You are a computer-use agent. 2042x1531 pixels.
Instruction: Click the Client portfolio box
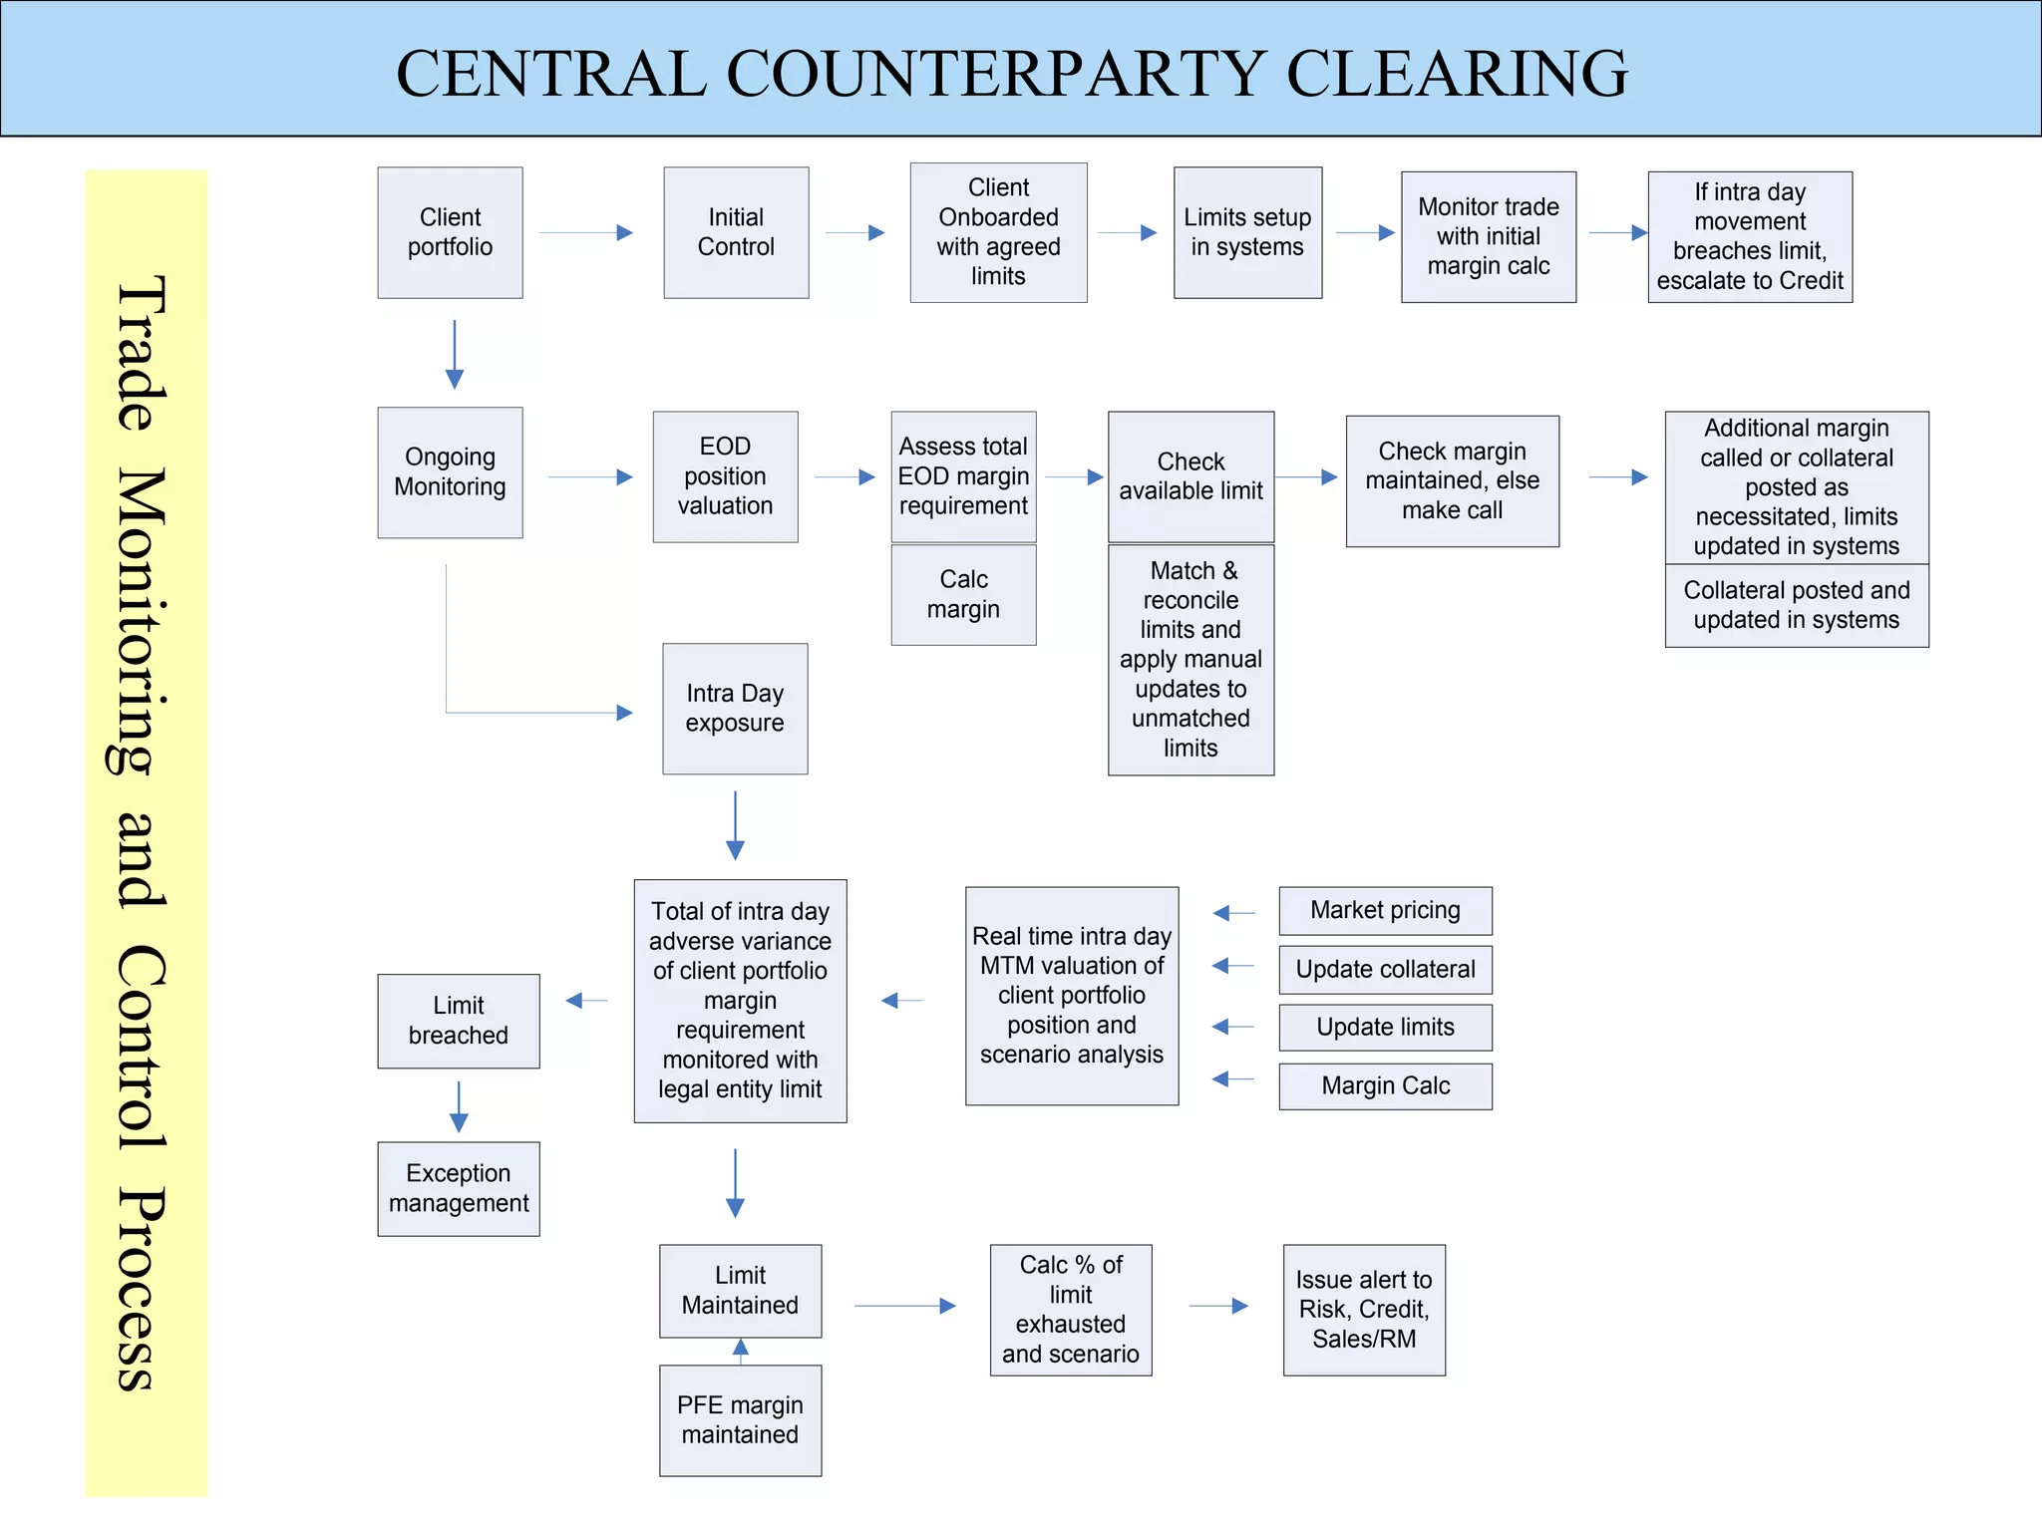450,232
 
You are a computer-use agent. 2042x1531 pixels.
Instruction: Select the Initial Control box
736,232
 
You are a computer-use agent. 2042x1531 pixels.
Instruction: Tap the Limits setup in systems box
1247,232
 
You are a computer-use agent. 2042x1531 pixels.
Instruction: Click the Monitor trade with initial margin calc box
1488,236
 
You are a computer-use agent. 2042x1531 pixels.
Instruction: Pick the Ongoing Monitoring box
450,471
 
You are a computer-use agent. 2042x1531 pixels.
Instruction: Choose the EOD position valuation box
725,476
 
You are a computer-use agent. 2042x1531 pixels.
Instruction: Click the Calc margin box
963,594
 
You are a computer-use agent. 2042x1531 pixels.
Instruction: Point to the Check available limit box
1191,476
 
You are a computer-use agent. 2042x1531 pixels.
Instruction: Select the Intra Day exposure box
735,708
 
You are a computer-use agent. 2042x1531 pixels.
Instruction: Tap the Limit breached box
458,1021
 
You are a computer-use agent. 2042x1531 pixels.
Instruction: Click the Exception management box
458,1188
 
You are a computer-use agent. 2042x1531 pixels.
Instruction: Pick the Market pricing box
1385,910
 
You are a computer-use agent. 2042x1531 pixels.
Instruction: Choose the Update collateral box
1385,969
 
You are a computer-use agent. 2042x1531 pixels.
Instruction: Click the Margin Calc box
1385,1085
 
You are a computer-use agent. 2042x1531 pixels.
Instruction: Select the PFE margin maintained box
740,1419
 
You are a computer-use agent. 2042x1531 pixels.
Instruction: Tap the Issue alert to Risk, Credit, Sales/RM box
1363,1309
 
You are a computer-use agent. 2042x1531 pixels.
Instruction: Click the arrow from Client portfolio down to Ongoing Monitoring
455,354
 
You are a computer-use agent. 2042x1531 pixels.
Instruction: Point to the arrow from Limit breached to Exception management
459,1106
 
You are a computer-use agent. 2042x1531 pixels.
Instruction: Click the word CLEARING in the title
1457,74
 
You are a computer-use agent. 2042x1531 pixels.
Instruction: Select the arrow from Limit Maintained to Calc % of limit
904,1306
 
